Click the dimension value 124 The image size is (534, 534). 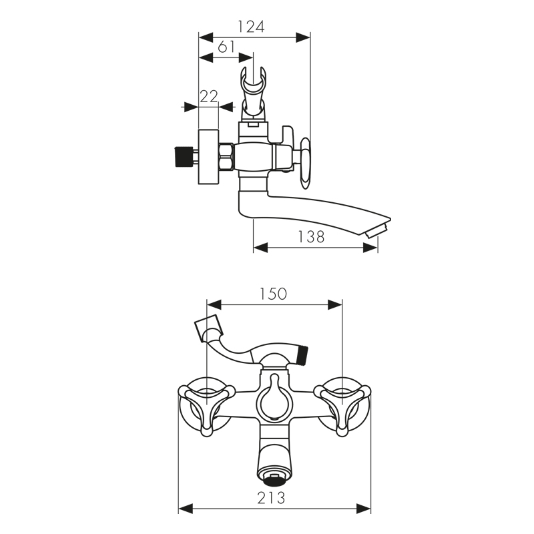coord(251,27)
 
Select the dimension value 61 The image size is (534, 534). coord(226,47)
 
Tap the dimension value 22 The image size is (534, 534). coord(209,97)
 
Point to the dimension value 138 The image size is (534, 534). coord(311,237)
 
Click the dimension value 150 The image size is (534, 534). coord(273,294)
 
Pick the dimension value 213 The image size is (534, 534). coord(271,498)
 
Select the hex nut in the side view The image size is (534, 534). coord(226,157)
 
